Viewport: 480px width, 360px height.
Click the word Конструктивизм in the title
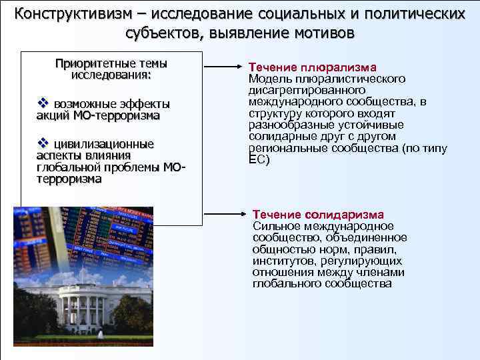[73, 13]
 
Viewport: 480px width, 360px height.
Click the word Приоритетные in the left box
[93, 64]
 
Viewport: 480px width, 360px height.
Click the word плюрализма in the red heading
[338, 67]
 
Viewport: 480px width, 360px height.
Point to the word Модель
[267, 79]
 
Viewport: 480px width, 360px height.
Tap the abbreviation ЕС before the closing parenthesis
[255, 160]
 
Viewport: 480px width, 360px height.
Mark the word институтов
[283, 261]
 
